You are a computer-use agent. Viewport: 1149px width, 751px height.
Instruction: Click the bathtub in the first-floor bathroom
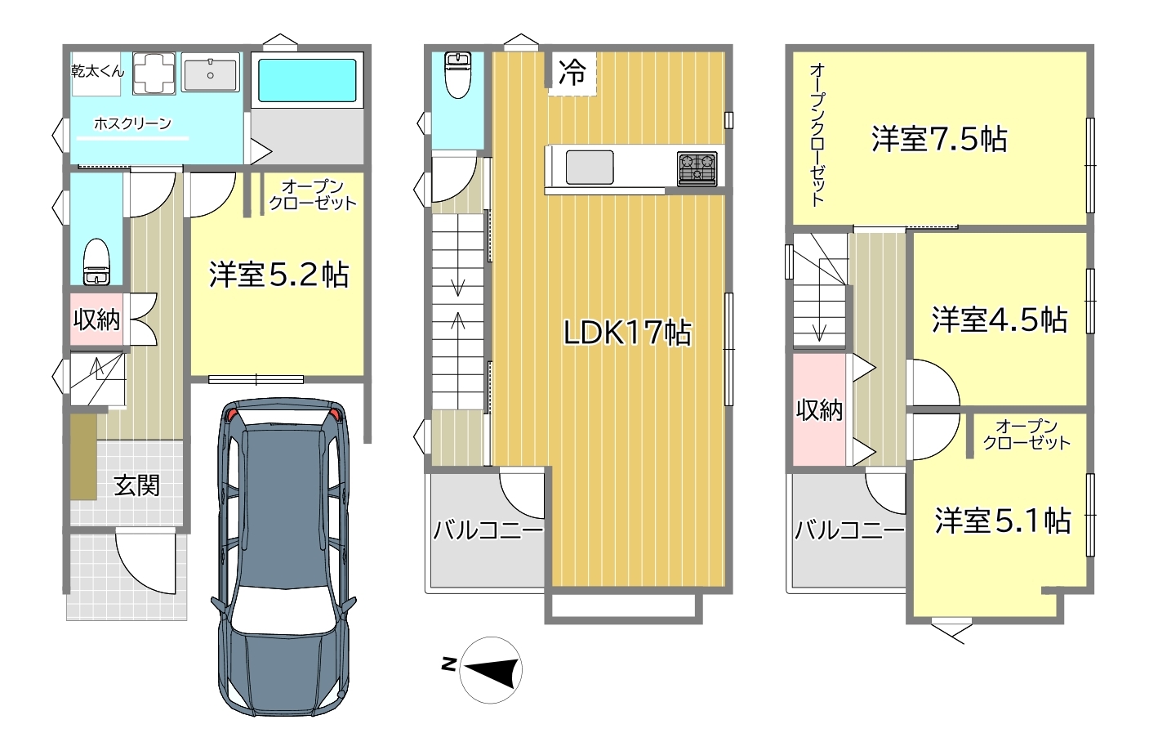(307, 81)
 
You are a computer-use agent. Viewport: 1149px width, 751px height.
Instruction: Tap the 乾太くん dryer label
(97, 71)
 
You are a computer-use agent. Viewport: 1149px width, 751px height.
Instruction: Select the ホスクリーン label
(132, 123)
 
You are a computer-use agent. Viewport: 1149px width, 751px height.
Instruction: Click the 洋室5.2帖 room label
(278, 275)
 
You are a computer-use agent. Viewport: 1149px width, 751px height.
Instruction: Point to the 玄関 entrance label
(136, 485)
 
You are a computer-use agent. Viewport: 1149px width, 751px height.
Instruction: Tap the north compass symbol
(490, 670)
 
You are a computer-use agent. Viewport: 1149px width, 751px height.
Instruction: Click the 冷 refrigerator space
(572, 74)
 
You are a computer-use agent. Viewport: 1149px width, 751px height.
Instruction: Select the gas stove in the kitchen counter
(697, 168)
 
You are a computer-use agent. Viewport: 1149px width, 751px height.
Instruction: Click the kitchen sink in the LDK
(590, 167)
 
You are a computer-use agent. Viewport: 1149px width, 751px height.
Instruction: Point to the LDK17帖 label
(627, 332)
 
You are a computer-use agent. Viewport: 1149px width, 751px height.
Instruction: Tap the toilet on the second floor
(457, 75)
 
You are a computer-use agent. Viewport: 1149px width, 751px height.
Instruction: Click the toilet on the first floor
(96, 262)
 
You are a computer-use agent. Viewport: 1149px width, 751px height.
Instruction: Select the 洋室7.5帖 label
(939, 139)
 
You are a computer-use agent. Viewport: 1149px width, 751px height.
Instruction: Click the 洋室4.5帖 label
(1000, 320)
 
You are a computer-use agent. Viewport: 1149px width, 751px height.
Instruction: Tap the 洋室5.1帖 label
(1002, 521)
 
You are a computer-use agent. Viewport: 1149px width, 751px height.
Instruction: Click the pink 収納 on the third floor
(819, 410)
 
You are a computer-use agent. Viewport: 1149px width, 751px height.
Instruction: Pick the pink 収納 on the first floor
(96, 320)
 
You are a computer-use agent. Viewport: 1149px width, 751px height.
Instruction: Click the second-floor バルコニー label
(488, 530)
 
